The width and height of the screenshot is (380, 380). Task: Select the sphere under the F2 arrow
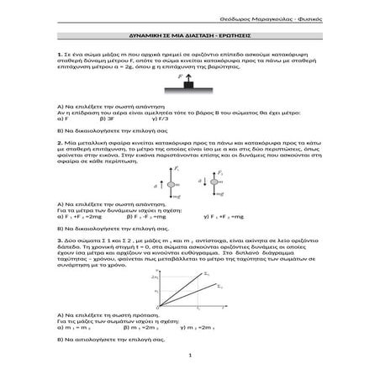[211, 206]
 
